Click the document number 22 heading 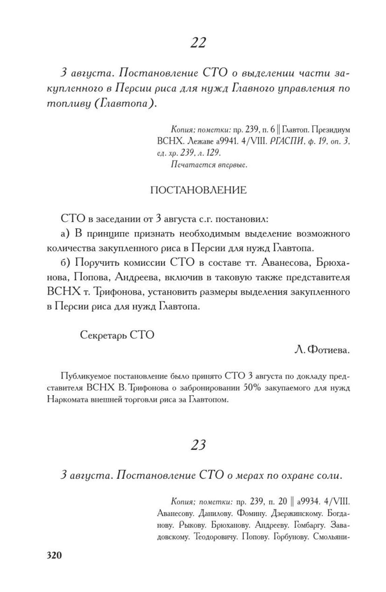click(198, 43)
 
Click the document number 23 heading click(198, 445)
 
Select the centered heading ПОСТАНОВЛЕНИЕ click(198, 190)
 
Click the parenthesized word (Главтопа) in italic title click(124, 104)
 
